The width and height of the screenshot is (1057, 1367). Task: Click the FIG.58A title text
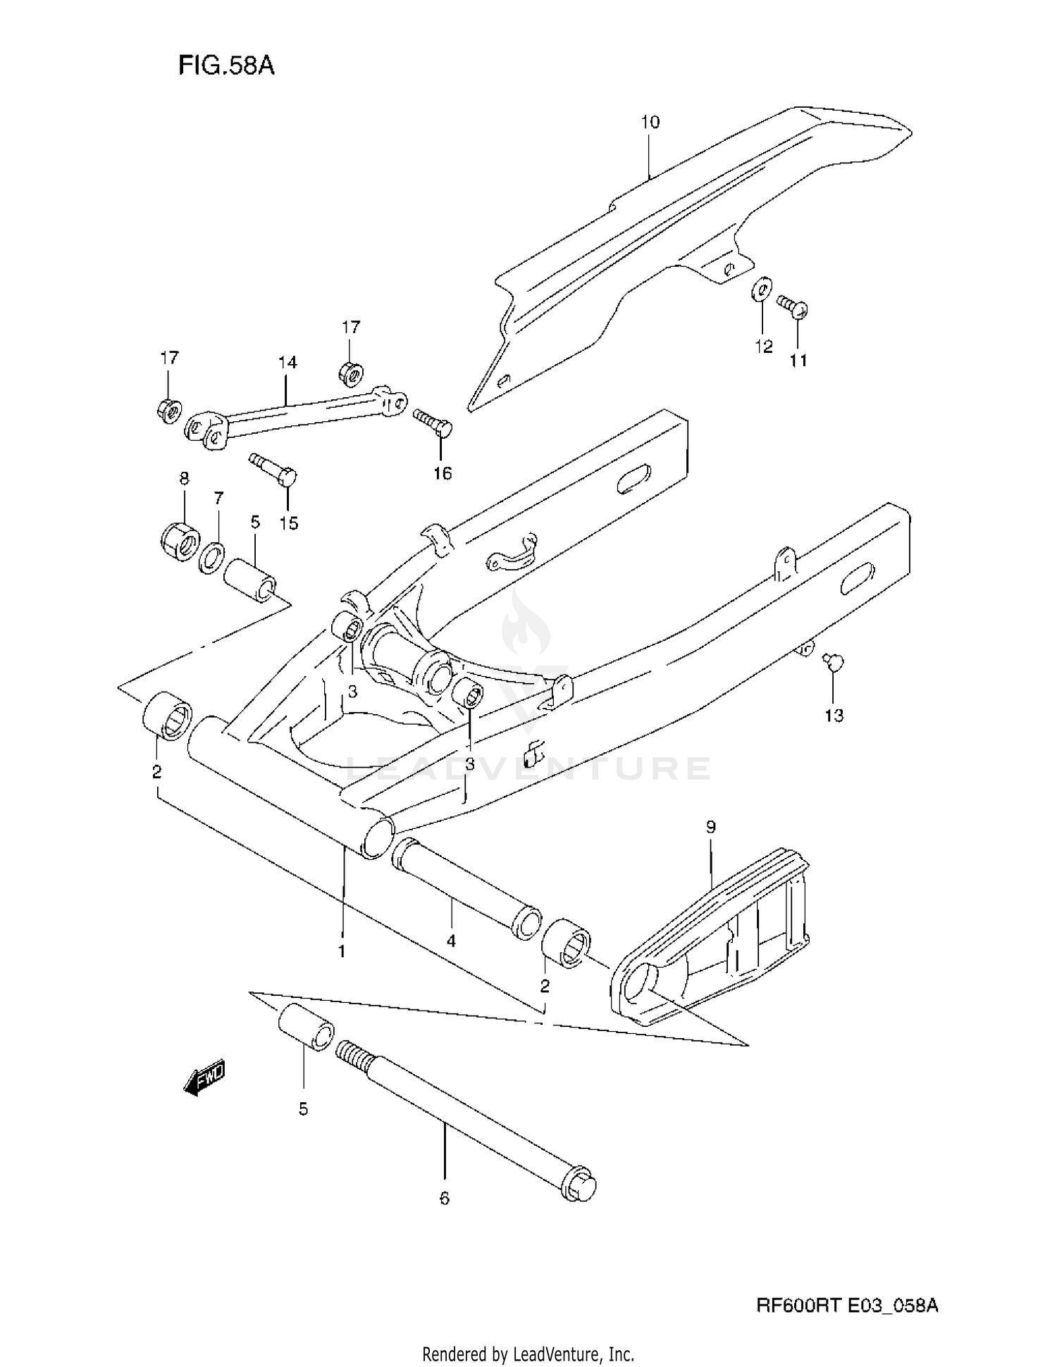point(225,65)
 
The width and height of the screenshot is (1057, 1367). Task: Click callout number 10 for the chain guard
point(650,123)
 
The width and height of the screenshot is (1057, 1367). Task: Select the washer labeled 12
point(762,289)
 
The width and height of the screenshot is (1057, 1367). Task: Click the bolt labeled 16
point(433,422)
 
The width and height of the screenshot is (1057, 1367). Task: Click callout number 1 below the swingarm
point(342,951)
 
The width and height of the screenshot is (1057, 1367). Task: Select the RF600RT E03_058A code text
point(847,1306)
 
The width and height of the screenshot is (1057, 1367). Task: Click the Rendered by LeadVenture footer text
point(528,1354)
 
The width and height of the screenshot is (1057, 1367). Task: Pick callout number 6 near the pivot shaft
point(444,1198)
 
